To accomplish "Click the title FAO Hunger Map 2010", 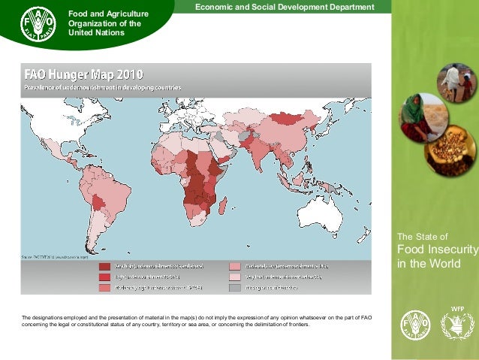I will point(84,74).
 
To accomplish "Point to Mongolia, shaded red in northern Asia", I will point(285,118).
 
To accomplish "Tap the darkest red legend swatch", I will point(104,266).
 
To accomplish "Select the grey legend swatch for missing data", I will point(235,288).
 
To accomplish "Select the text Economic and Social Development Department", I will point(285,7).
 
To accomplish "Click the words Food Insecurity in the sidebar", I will point(437,250).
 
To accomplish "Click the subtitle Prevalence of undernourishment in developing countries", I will point(101,88).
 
